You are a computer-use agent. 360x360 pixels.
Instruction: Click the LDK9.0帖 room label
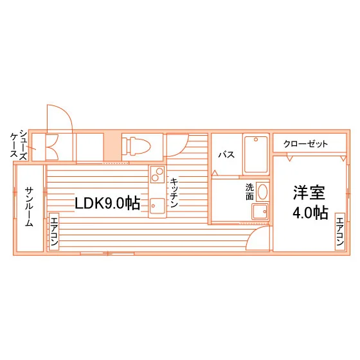point(107,203)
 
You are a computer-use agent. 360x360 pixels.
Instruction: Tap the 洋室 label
point(309,193)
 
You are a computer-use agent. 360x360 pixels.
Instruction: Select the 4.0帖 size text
point(310,213)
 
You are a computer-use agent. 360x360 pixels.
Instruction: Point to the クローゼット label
point(305,144)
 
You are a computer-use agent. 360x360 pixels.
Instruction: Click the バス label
point(226,154)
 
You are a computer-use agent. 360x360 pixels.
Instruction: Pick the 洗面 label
point(249,192)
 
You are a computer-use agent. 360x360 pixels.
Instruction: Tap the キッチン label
point(174,193)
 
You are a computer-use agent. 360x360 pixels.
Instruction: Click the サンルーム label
point(29,206)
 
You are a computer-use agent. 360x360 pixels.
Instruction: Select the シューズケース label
point(19,144)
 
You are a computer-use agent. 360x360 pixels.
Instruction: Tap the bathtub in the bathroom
point(256,154)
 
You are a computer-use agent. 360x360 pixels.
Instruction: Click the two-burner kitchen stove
point(157,174)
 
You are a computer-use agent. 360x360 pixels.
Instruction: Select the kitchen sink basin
point(157,206)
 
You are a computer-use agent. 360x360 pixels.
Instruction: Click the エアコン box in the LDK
point(54,231)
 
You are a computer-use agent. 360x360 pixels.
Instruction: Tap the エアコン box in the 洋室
point(340,231)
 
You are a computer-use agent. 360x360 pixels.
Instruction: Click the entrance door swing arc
point(67,112)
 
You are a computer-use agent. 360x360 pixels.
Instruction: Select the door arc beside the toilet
point(183,150)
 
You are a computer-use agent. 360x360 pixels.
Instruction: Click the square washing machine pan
point(260,212)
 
